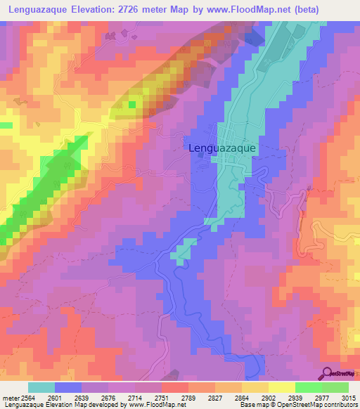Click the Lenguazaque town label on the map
223,148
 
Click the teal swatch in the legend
41,387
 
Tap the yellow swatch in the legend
281,387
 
